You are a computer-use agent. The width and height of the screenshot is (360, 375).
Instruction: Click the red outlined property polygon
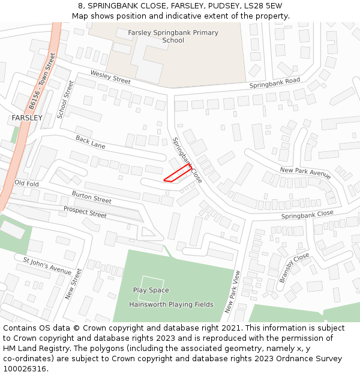pyautogui.click(x=178, y=173)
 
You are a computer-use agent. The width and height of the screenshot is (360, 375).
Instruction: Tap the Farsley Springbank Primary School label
pyautogui.click(x=173, y=37)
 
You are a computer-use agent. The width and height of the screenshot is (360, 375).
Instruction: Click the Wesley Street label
pyautogui.click(x=110, y=77)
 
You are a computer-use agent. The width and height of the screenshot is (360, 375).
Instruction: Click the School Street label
pyautogui.click(x=65, y=100)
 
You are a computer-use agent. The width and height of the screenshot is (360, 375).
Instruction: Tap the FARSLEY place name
pyautogui.click(x=27, y=118)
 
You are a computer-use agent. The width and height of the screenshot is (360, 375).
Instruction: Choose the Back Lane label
pyautogui.click(x=91, y=142)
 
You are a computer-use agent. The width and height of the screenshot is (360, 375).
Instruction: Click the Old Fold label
pyautogui.click(x=27, y=183)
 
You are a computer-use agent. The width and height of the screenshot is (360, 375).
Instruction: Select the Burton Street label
pyautogui.click(x=91, y=197)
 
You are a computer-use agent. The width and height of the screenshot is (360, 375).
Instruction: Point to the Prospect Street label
pyautogui.click(x=85, y=211)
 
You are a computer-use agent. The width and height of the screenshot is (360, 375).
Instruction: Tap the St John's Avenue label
pyautogui.click(x=47, y=265)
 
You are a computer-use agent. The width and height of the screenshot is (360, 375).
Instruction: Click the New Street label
pyautogui.click(x=73, y=284)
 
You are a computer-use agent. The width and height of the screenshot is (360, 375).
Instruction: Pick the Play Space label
pyautogui.click(x=151, y=290)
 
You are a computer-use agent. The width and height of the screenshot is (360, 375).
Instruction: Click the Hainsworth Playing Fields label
pyautogui.click(x=171, y=304)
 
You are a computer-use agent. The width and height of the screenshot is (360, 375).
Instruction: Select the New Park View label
pyautogui.click(x=233, y=292)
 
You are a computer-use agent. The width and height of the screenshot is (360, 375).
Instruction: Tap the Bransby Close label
pyautogui.click(x=294, y=268)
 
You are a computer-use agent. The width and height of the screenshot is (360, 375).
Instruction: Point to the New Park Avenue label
pyautogui.click(x=305, y=173)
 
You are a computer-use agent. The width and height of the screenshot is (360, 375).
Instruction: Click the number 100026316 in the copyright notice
pyautogui.click(x=25, y=368)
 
